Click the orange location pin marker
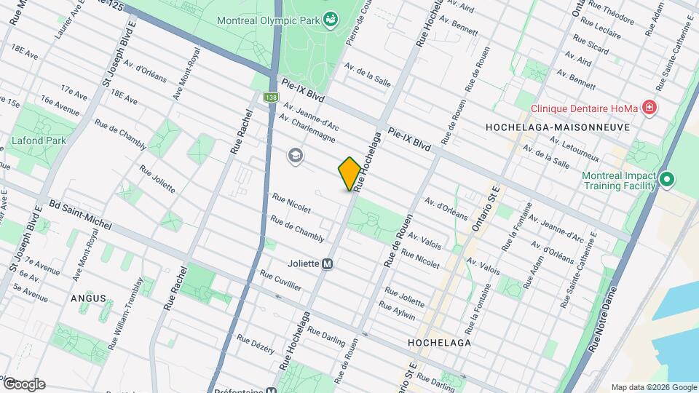[349, 173]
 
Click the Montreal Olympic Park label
[268, 20]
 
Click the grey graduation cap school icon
[295, 156]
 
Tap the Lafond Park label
[39, 140]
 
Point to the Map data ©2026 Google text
[653, 387]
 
